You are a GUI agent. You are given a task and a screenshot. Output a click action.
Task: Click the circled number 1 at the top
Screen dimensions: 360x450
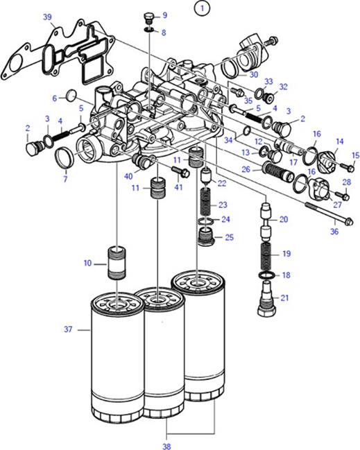click(x=202, y=8)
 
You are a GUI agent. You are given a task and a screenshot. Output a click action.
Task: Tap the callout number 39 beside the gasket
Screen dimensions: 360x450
click(x=47, y=17)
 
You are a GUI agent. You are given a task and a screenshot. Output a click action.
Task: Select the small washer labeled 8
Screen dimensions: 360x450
click(x=149, y=29)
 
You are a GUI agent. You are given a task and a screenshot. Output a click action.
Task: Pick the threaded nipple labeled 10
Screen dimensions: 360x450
click(x=117, y=263)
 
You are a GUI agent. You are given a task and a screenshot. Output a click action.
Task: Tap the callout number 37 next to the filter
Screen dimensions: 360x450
click(x=68, y=329)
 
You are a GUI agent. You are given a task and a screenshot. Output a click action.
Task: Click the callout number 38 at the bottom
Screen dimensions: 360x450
click(x=166, y=446)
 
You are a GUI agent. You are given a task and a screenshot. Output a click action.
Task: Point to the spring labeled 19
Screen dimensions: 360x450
click(x=267, y=254)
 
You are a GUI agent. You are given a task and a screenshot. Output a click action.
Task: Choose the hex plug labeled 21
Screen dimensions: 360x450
click(x=266, y=299)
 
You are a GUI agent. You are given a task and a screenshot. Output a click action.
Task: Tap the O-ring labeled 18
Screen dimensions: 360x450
click(x=266, y=275)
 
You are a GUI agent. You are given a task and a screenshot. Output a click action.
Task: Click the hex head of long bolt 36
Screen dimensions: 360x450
click(x=349, y=222)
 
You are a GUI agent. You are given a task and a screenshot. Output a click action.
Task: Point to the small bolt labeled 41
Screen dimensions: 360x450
click(x=181, y=172)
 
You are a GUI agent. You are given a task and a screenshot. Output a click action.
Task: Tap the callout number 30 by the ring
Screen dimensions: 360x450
click(x=253, y=75)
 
